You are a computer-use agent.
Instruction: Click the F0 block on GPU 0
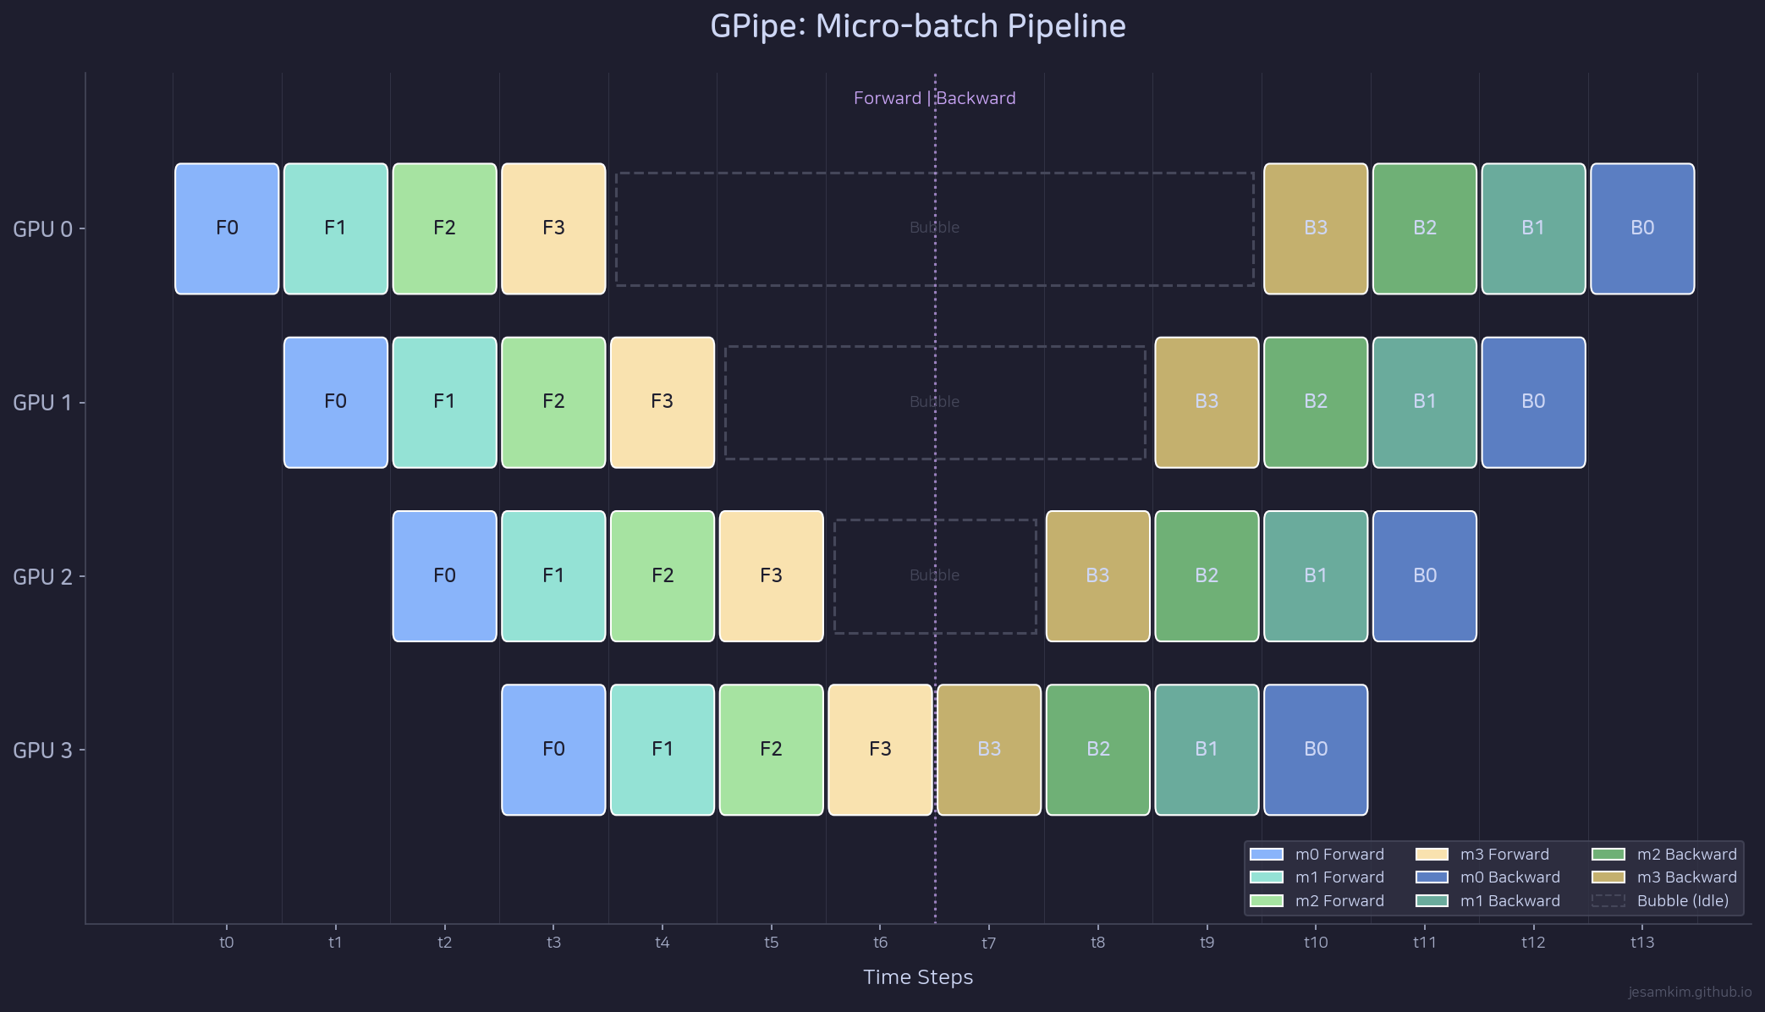[x=227, y=228]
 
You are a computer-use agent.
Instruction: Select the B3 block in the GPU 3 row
[x=989, y=750]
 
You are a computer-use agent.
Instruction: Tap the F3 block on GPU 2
[x=771, y=576]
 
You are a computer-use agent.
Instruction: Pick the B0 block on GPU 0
[x=1642, y=228]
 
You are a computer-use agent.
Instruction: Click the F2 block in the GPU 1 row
[x=553, y=402]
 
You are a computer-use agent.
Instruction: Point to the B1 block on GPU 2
[x=1316, y=576]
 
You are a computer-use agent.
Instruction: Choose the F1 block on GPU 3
[x=663, y=750]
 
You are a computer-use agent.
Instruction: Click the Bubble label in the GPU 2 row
[x=934, y=575]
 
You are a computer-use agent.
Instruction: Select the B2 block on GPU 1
[x=1316, y=402]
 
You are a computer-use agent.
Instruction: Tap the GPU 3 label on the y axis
[x=42, y=751]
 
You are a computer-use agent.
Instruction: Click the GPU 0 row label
[x=42, y=229]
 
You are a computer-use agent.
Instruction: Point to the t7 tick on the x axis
[x=989, y=943]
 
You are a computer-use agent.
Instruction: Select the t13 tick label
[x=1642, y=943]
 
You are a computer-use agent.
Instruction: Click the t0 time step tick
[x=227, y=943]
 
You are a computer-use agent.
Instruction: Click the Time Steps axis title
[x=918, y=977]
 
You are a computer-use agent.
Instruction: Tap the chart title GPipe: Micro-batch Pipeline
[x=918, y=27]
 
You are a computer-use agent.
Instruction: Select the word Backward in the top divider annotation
[x=976, y=98]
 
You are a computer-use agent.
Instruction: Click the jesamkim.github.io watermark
[x=1690, y=992]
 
